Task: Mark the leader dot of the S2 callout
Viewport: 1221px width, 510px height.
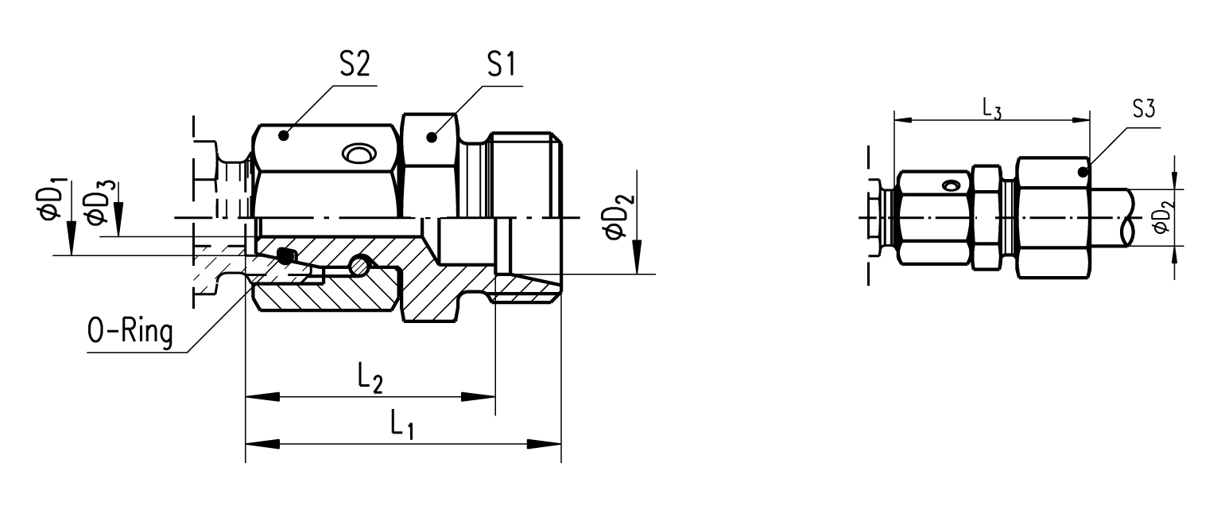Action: coord(282,136)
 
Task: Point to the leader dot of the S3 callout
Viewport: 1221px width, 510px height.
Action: coord(1083,171)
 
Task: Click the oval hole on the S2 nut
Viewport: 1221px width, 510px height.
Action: coord(355,153)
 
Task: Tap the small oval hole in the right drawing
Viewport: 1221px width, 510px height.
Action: coord(950,186)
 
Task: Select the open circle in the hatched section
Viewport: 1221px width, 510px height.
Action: coord(362,265)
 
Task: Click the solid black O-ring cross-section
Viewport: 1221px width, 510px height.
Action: coord(284,255)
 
